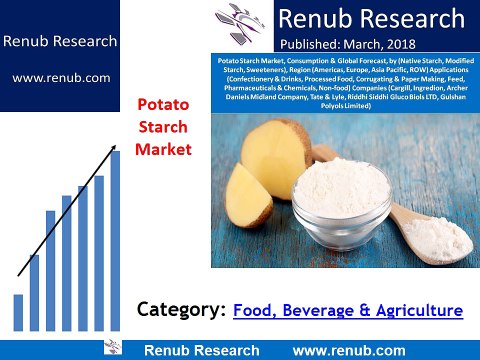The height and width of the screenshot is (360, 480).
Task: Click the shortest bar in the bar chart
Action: [x=18, y=311]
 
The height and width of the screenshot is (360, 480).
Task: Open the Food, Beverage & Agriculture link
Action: [x=348, y=311]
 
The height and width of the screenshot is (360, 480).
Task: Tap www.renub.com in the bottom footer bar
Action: [x=349, y=350]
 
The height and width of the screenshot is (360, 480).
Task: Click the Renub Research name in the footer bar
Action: [x=201, y=350]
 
